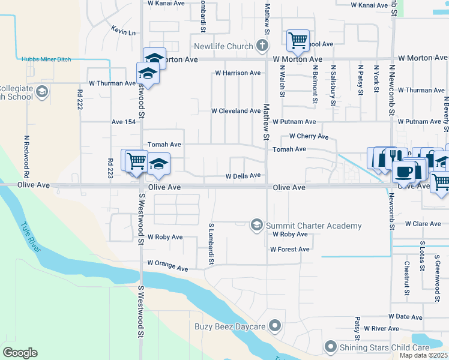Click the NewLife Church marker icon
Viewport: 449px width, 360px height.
click(x=261, y=46)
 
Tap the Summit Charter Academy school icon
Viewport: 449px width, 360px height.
click(x=257, y=225)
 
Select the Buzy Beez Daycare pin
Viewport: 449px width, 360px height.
click(x=275, y=326)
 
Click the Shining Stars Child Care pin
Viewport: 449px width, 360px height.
click(x=331, y=347)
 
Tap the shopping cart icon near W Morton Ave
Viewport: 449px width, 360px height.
click(x=298, y=40)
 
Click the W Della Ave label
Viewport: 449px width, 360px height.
click(x=243, y=176)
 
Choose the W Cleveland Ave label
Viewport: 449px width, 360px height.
click(x=235, y=111)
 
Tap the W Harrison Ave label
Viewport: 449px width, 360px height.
click(x=238, y=73)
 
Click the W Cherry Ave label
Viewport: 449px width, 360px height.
click(x=309, y=136)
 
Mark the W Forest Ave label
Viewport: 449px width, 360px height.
click(x=290, y=249)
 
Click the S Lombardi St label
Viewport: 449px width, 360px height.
click(x=211, y=244)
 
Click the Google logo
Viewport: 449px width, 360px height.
click(x=20, y=353)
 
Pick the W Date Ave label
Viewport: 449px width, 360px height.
click(x=407, y=316)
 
